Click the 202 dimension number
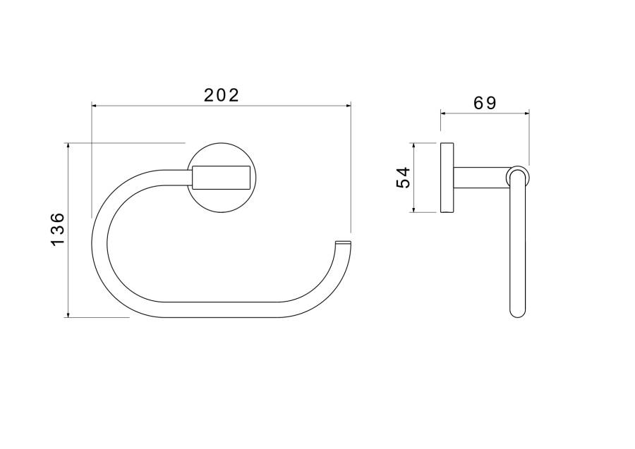click(222, 95)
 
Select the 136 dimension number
click(58, 228)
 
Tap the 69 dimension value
click(485, 103)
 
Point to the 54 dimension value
click(404, 178)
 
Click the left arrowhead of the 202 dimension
click(95, 106)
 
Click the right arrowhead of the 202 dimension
click(349, 106)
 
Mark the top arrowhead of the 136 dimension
click(68, 146)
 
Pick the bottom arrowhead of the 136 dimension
click(68, 314)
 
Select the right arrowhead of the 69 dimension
click(526, 113)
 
